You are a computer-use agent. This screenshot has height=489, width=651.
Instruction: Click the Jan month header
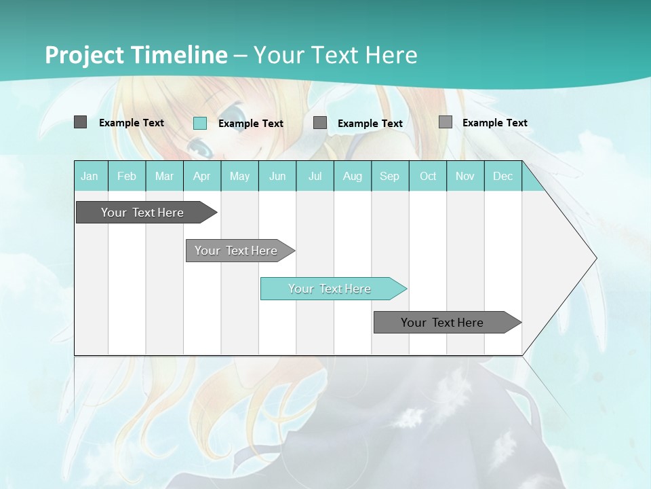click(x=90, y=176)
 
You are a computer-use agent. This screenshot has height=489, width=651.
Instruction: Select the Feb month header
click(x=127, y=176)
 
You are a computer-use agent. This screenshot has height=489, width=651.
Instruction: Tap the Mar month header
click(x=164, y=176)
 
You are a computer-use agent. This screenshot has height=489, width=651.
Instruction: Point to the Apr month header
click(x=202, y=176)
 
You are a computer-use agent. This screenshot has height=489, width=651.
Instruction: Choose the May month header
click(x=239, y=176)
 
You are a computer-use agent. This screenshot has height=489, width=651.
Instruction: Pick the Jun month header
click(x=277, y=176)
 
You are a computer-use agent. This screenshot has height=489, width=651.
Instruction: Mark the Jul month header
click(x=315, y=176)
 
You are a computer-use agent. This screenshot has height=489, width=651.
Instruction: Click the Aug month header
click(x=353, y=176)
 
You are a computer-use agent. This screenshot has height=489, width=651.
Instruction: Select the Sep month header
click(x=390, y=176)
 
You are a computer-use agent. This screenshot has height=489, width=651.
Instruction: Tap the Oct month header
click(x=428, y=176)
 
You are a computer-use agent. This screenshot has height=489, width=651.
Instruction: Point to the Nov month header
click(x=465, y=176)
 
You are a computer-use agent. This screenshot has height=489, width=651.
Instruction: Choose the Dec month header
click(x=503, y=176)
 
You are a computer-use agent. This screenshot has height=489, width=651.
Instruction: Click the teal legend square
click(x=200, y=123)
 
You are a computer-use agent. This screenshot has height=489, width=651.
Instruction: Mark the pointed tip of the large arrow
click(x=595, y=258)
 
